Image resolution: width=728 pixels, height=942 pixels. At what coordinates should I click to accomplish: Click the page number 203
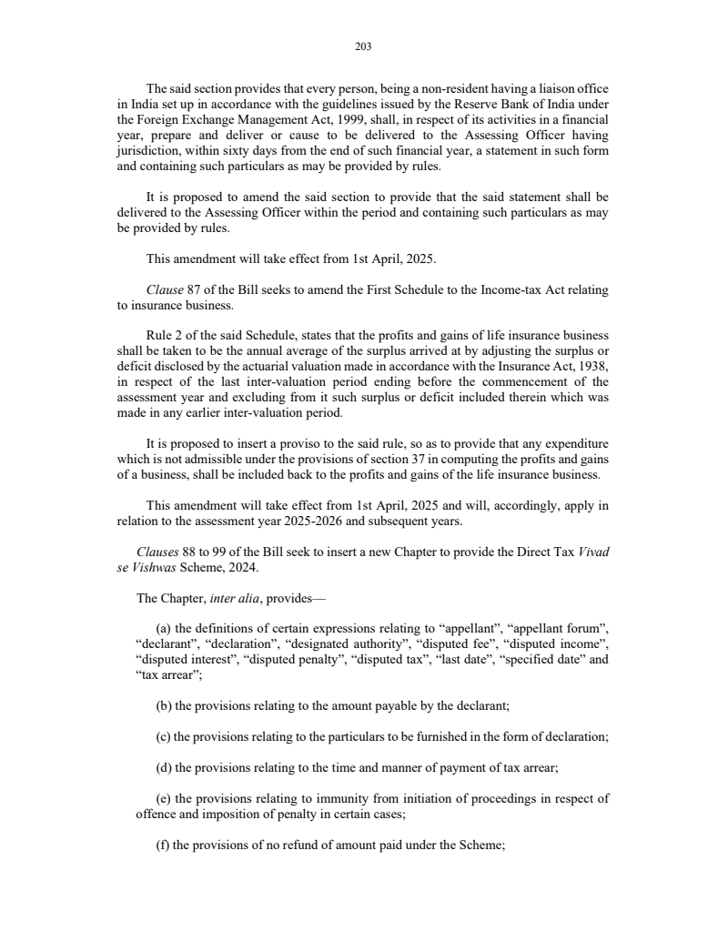click(364, 46)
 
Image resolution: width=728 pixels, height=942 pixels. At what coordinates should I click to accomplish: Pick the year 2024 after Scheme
click(243, 568)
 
